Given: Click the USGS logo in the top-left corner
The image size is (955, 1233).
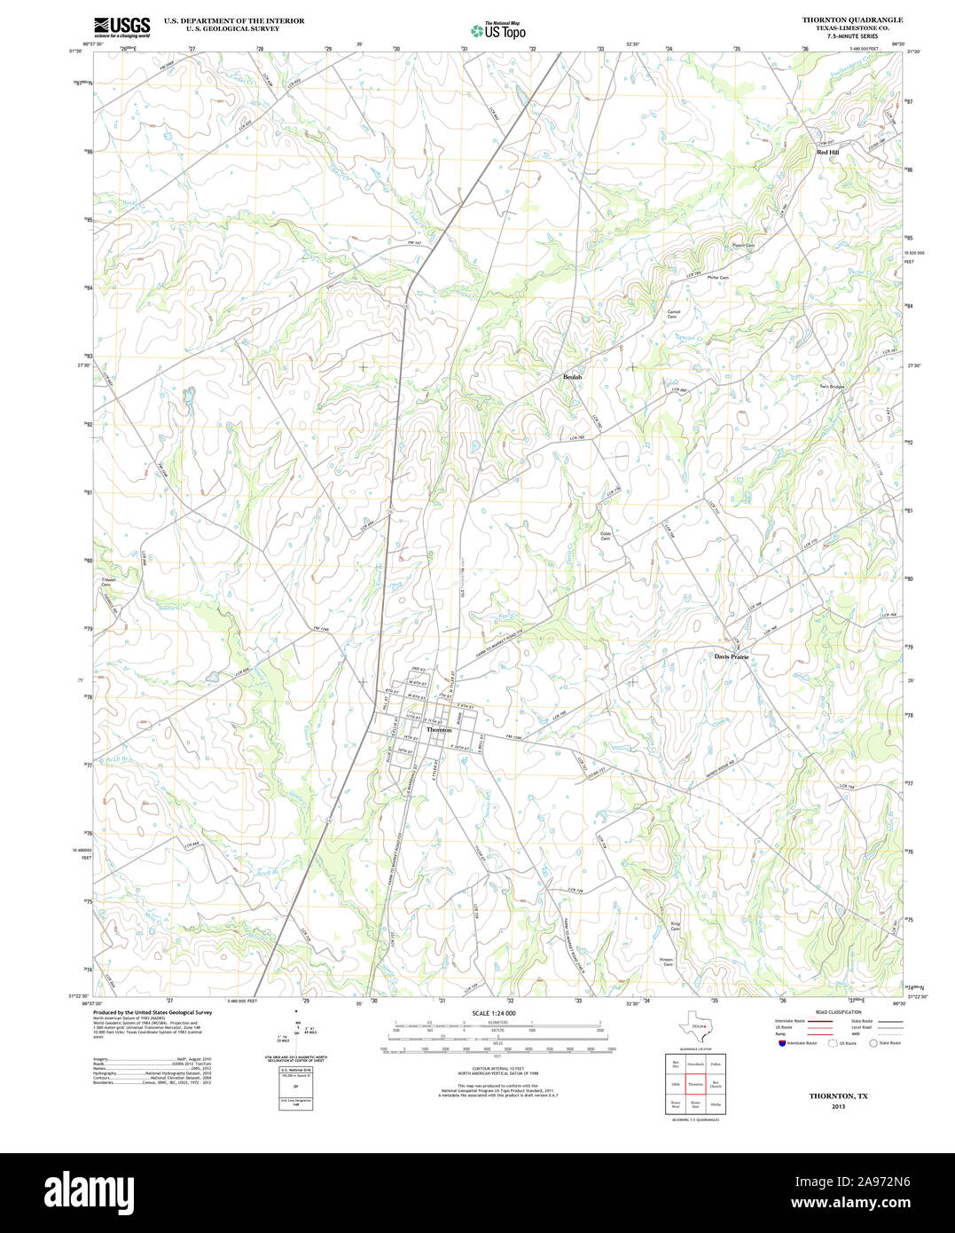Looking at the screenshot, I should coord(121,26).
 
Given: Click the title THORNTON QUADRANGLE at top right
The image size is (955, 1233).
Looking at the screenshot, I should coord(852,20).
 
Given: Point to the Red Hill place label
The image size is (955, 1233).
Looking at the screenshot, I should coord(827,153).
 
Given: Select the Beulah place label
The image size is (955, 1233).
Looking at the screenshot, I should coord(573,377).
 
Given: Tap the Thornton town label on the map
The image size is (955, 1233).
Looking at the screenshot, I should coord(439,730).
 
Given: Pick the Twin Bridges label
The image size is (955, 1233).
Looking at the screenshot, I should coord(832,387).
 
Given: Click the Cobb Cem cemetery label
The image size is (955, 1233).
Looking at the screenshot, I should coord(606,536).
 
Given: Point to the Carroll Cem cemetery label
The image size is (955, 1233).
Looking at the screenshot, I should coord(673,314).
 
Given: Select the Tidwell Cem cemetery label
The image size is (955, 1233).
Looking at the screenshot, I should coord(106,582).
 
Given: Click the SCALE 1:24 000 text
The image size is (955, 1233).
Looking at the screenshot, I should coord(494,1013).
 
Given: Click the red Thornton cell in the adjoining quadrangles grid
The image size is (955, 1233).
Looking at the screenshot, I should coord(694,1084).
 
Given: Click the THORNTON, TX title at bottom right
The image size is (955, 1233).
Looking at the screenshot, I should coord(838,1096).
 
